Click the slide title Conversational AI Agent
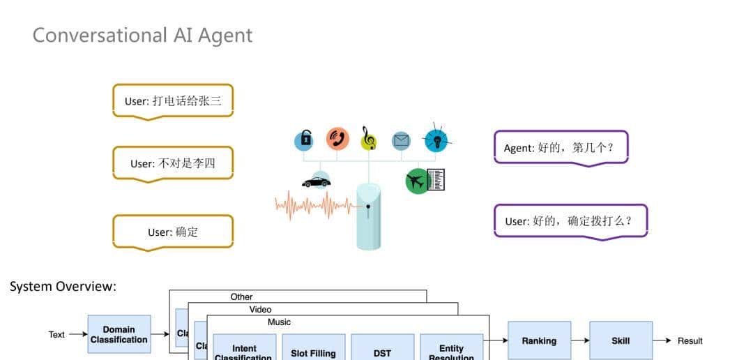pos(142,35)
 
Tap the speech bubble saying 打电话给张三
pos(173,100)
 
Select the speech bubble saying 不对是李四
pos(173,163)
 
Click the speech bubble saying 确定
pos(173,232)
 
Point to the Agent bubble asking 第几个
pos(561,147)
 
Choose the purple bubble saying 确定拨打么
pos(570,221)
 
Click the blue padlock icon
pos(303,140)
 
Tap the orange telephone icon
pos(337,139)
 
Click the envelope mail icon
pos(402,140)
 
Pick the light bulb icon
pos(436,140)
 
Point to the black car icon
pos(317,181)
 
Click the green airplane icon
pos(417,181)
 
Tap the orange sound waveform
pos(314,204)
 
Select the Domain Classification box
pos(119,334)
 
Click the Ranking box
pos(539,340)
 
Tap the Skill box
pos(621,340)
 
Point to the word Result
pos(690,340)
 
